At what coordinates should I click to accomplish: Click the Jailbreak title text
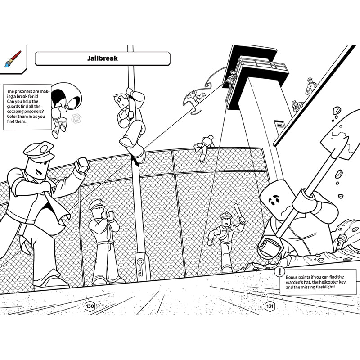point(103,58)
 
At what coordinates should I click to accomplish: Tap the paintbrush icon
point(13,59)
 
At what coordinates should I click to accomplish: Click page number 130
point(90,306)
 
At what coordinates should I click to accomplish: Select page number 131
point(270,306)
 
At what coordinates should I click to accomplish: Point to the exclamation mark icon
point(279,272)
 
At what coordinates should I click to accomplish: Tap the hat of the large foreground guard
point(39,151)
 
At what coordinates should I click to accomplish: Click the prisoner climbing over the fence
point(204,148)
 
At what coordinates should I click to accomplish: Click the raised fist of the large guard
point(82,165)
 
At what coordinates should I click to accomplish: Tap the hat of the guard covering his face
point(96,204)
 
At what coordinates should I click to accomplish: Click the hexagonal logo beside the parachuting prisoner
point(76,119)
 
